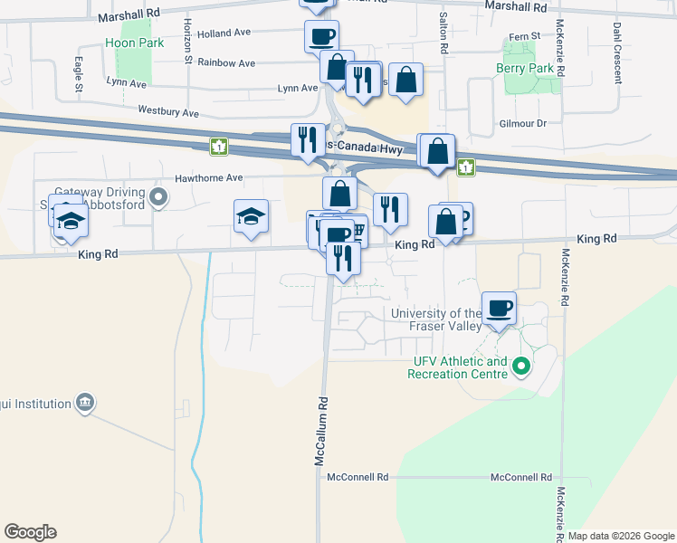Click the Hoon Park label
point(134,43)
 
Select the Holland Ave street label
point(223,33)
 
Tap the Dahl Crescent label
point(616,52)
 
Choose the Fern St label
point(524,36)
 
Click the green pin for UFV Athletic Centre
point(520,367)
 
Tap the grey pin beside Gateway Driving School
point(159,196)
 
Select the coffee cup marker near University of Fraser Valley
point(499,308)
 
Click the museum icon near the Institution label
point(85,402)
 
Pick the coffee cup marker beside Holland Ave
point(321,37)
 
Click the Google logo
point(30,532)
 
